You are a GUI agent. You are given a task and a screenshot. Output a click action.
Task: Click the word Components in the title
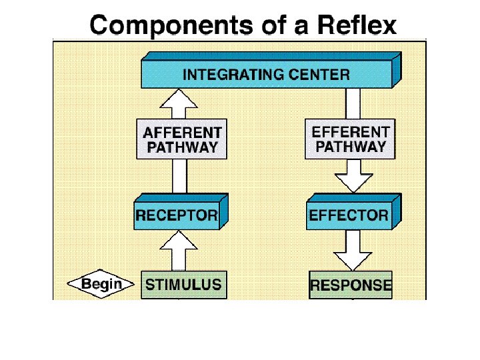click(147, 26)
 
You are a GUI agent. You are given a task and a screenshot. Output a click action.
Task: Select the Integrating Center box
click(267, 73)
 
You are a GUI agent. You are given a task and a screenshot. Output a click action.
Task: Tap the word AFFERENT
click(182, 131)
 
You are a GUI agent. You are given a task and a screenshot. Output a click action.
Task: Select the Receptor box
click(177, 215)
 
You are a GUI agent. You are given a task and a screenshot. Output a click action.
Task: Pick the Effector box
click(349, 215)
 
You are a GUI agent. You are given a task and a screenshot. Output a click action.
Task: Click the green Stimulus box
click(183, 285)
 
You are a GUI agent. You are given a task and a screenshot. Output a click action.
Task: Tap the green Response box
click(351, 286)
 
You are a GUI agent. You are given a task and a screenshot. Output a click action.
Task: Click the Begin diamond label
click(101, 284)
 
